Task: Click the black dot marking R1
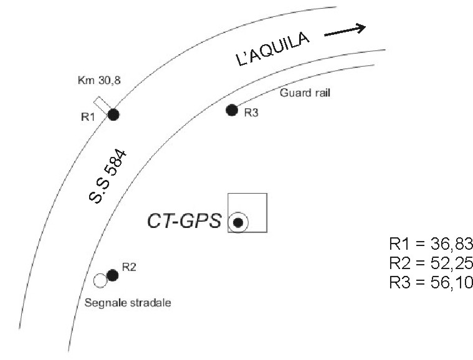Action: [x=113, y=115]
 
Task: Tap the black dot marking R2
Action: [x=113, y=275]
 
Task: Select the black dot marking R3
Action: [x=232, y=110]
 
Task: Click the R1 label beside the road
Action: [x=88, y=116]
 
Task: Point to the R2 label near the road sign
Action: [x=129, y=267]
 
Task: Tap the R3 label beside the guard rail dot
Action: [x=251, y=113]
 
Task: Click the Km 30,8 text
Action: [x=99, y=80]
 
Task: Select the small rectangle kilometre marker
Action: [x=102, y=105]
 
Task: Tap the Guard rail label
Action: [x=305, y=93]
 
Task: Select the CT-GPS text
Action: [x=184, y=220]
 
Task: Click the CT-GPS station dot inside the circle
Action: [x=238, y=222]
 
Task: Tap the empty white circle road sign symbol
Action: [x=100, y=281]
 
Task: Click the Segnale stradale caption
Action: [x=128, y=303]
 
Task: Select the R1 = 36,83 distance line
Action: [x=431, y=244]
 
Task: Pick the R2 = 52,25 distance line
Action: [x=431, y=263]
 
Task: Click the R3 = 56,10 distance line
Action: [x=431, y=283]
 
